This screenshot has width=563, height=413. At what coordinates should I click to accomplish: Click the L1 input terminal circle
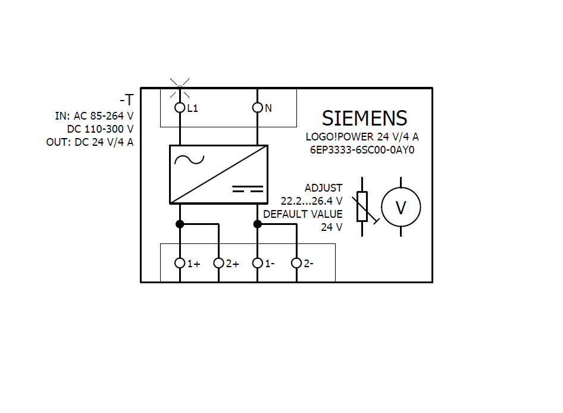pos(180,108)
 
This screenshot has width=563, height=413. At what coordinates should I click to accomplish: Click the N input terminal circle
pos(257,108)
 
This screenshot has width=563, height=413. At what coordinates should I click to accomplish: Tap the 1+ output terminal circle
pos(180,263)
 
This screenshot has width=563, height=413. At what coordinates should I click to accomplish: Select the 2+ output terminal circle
pos(218,263)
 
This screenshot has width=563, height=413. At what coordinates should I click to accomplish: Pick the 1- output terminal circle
pos(257,263)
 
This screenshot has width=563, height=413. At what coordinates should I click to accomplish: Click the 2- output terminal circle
pos(296,263)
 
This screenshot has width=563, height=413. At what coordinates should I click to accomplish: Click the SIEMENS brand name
pos(364,118)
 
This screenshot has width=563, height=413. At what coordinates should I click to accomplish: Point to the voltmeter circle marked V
pos(401,207)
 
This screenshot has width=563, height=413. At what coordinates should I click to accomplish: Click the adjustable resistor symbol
pos(362,207)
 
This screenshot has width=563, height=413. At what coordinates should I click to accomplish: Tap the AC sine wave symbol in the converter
pos(188,159)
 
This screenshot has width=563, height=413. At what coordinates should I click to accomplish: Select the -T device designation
pos(126,99)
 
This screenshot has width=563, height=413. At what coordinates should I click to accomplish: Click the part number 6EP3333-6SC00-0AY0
pos(362,149)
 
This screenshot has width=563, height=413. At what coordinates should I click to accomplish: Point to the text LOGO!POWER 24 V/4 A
pos(362,137)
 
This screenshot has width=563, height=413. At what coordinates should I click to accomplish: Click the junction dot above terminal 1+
pos(180,224)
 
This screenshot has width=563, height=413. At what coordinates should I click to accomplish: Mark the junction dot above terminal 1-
pos(257,224)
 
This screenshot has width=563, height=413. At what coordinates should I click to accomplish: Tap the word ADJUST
pos(323,188)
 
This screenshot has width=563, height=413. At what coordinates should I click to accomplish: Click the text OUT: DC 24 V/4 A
pos(90,142)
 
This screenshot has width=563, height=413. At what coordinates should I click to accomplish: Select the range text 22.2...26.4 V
pos(311,201)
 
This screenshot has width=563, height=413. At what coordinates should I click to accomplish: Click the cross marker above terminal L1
pos(180,87)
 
